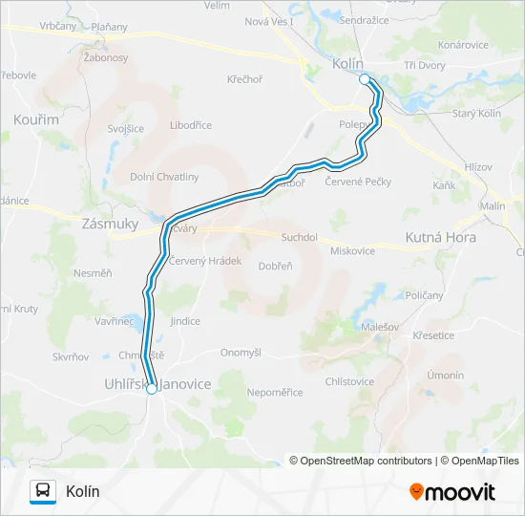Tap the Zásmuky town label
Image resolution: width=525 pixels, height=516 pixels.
[111, 223]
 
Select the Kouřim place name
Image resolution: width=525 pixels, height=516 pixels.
[36, 119]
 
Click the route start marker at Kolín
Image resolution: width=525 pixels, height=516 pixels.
[365, 80]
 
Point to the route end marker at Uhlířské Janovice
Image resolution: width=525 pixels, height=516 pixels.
[151, 389]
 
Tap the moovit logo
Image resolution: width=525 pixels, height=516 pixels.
[452, 492]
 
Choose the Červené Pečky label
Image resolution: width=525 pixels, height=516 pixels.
[358, 181]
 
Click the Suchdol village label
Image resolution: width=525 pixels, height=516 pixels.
[297, 236]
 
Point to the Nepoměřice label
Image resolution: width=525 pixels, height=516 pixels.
[274, 392]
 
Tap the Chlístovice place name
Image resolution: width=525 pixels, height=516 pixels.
[349, 381]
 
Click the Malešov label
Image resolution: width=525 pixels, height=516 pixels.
[379, 328]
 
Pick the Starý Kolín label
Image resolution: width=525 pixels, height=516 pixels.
[476, 114]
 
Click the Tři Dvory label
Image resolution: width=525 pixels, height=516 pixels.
[427, 65]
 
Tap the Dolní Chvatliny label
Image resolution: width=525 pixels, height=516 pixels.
[165, 177]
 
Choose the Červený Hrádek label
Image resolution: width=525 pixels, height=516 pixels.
[205, 260]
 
